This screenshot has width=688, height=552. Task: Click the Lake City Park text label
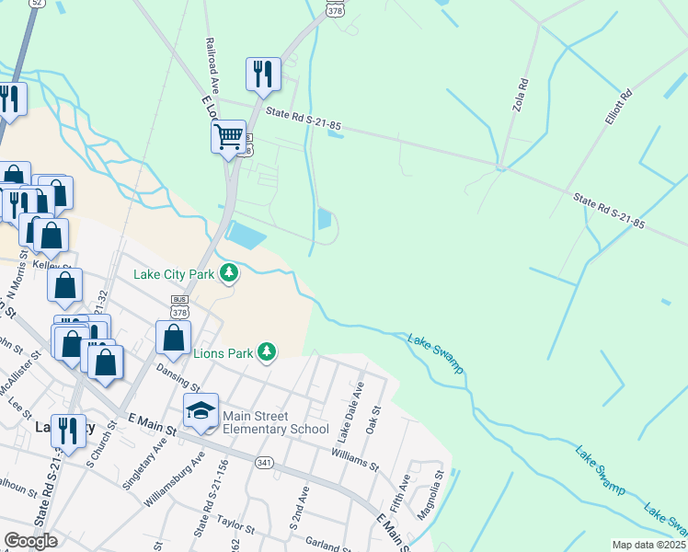tap(173, 273)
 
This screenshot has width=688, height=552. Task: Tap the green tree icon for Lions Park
tap(267, 351)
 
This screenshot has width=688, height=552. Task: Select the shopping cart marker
tap(228, 137)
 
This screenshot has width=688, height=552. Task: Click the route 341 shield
tap(264, 462)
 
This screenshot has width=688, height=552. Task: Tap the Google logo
tap(30, 541)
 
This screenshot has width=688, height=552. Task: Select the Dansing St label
tap(177, 377)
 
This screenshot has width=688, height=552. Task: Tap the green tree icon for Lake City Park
tap(229, 273)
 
